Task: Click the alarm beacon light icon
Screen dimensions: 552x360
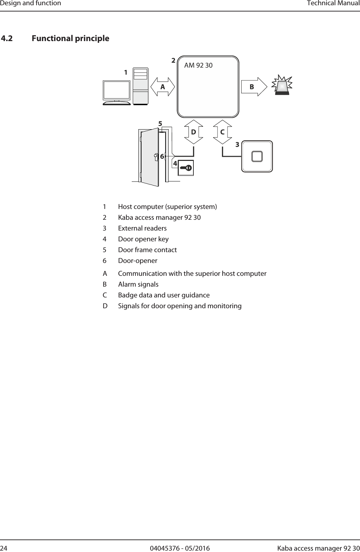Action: (283, 85)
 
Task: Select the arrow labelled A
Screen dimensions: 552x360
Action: (162, 87)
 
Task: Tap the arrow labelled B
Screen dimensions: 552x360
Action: (254, 87)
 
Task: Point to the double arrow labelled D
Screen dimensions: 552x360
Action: (193, 132)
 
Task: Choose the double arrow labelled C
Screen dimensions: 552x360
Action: (222, 132)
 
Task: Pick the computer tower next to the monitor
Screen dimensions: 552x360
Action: (140, 86)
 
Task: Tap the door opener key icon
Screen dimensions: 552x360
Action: (186, 168)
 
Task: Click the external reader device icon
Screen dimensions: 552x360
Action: (257, 156)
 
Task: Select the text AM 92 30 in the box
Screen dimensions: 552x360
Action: (198, 65)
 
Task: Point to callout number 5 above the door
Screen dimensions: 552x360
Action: (160, 124)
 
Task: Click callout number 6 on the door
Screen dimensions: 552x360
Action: (162, 157)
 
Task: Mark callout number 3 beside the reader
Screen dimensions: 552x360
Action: (237, 144)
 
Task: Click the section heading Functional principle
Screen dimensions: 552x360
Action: (70, 38)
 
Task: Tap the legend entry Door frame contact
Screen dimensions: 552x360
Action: (147, 250)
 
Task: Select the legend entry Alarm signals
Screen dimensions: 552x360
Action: (138, 284)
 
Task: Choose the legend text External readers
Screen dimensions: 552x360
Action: (142, 228)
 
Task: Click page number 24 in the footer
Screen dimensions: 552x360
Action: (4, 549)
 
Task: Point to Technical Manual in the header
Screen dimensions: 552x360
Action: (332, 3)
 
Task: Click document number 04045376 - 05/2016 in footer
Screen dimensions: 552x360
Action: (180, 549)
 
